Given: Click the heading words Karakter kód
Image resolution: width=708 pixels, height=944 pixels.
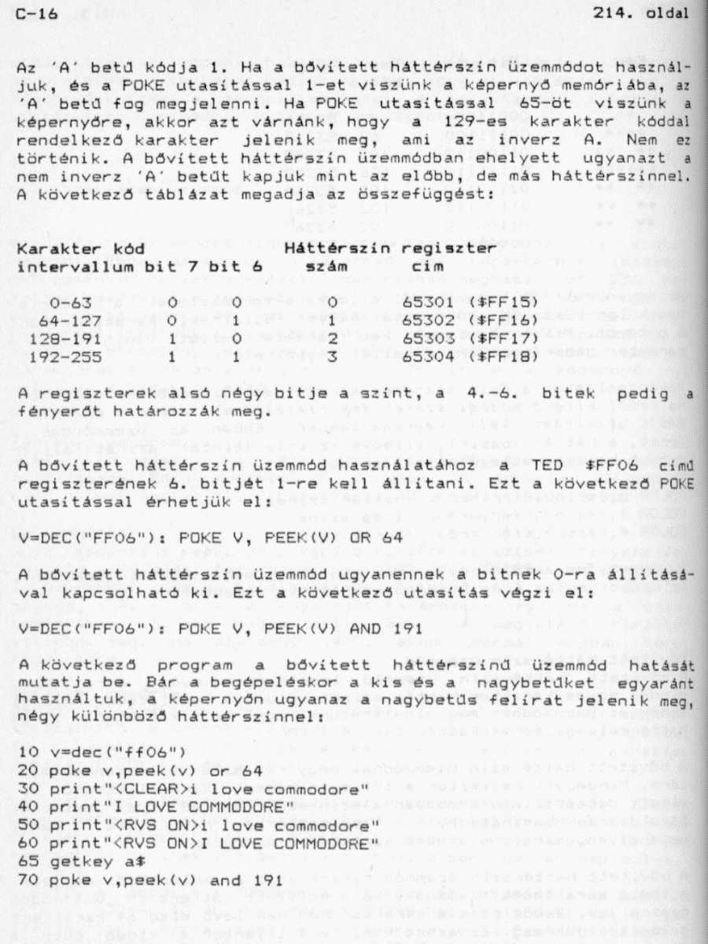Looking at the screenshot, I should click(80, 249).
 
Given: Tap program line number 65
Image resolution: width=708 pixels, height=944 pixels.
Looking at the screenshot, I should click(28, 862).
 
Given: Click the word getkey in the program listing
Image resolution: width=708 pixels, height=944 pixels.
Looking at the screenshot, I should click(74, 862).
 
